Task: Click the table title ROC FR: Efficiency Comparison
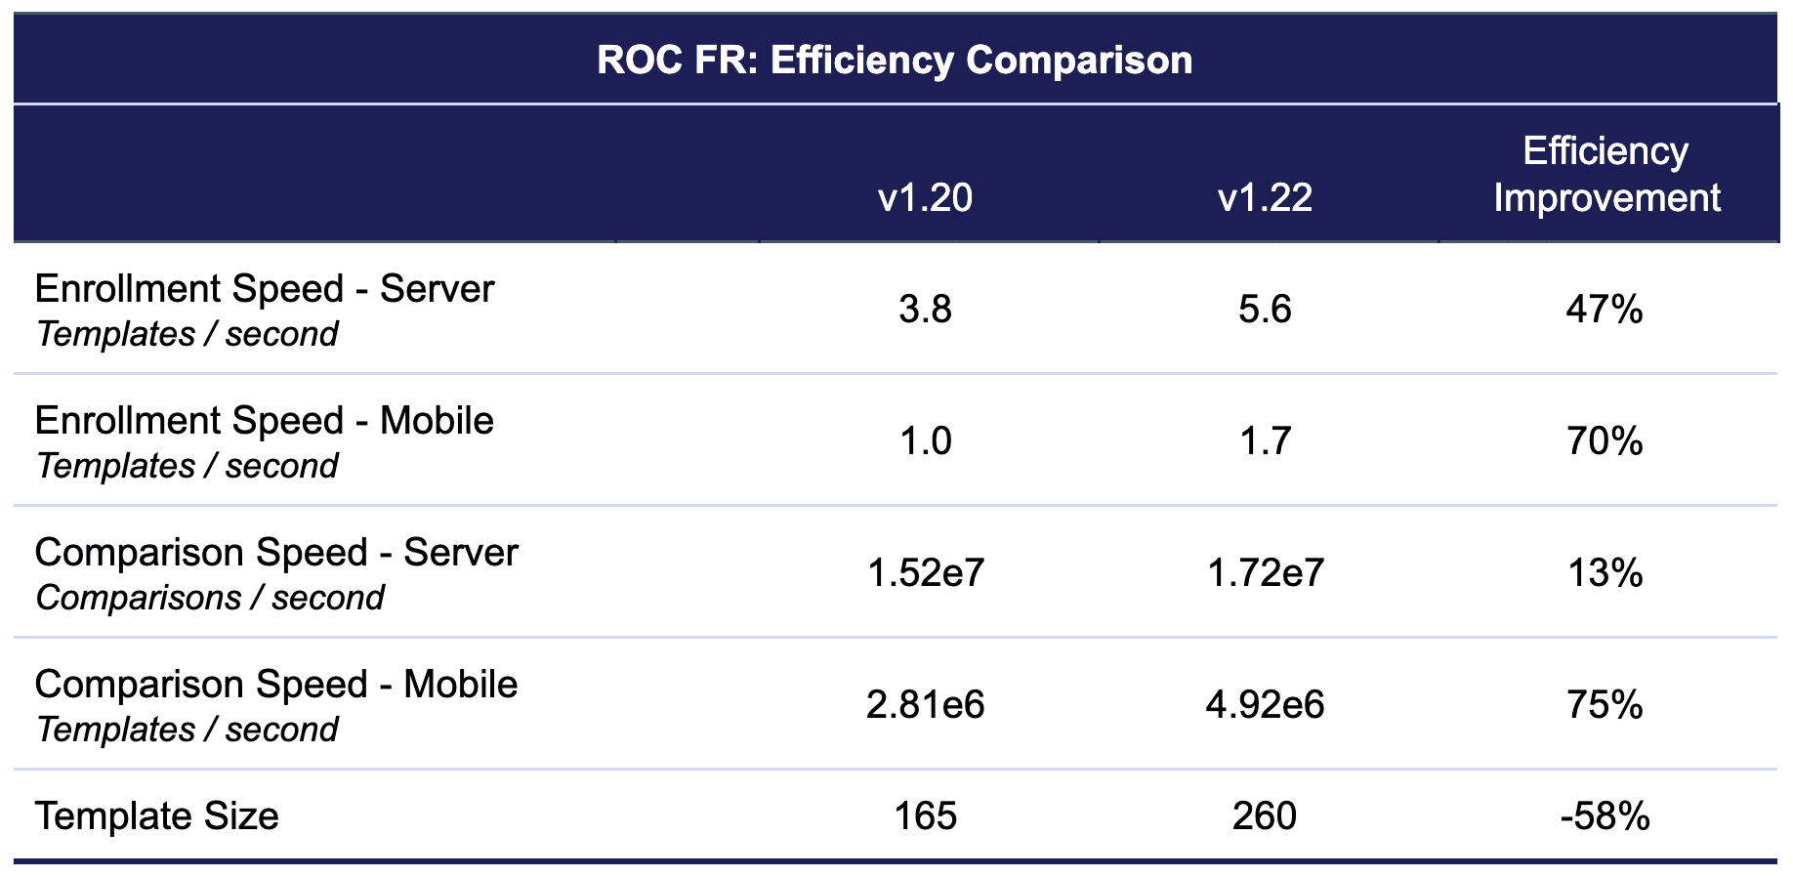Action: [x=895, y=61]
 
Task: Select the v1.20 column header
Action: [x=925, y=198]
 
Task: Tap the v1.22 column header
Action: [x=1265, y=198]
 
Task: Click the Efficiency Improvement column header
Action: [x=1605, y=175]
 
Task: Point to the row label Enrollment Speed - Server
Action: [x=265, y=289]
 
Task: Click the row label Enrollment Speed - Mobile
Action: [x=265, y=421]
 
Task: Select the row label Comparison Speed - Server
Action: [x=276, y=553]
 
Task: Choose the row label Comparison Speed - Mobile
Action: [x=276, y=685]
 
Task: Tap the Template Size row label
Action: [x=157, y=816]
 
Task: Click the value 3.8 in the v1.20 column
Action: [x=925, y=310]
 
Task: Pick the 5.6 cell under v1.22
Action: [x=1265, y=310]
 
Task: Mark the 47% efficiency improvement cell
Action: [x=1605, y=310]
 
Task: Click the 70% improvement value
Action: [x=1605, y=441]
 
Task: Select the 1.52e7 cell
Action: [x=926, y=573]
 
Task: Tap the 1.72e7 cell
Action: [x=1266, y=573]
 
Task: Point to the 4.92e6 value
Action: [x=1265, y=705]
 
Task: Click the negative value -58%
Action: [x=1605, y=816]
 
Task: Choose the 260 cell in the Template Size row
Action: [x=1265, y=816]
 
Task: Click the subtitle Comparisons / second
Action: [x=210, y=598]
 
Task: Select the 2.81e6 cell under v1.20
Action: [x=926, y=705]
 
